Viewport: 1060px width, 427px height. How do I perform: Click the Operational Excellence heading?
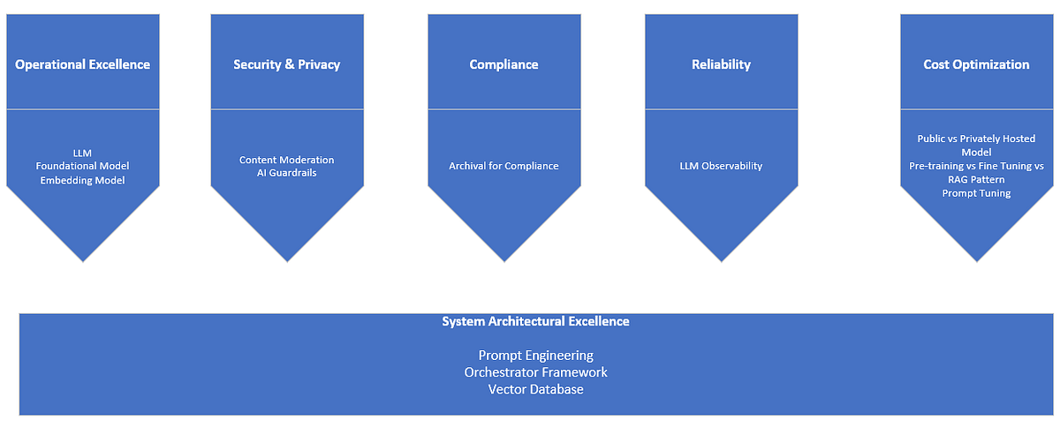83,64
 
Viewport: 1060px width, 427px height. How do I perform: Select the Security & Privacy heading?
286,64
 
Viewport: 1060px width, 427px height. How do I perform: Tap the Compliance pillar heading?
503,64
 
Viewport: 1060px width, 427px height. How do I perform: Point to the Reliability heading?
721,64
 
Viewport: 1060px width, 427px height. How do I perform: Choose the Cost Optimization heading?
976,64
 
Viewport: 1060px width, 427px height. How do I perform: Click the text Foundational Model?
83,166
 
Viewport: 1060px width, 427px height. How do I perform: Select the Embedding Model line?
83,180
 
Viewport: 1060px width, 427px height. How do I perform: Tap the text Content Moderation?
286,160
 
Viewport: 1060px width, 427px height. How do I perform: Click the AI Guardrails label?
286,173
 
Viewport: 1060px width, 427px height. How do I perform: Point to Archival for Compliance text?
503,166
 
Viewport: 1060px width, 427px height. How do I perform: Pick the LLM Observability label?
721,166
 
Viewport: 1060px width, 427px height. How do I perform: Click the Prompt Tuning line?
976,193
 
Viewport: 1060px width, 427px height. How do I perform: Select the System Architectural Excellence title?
535,322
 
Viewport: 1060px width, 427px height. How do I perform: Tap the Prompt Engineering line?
535,356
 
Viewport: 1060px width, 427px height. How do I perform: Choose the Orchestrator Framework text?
535,372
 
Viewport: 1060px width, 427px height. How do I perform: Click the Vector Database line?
535,389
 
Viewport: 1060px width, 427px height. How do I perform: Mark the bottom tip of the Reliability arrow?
722,259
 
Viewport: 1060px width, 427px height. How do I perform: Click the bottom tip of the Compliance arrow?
504,259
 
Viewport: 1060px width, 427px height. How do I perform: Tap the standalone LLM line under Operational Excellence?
83,153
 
